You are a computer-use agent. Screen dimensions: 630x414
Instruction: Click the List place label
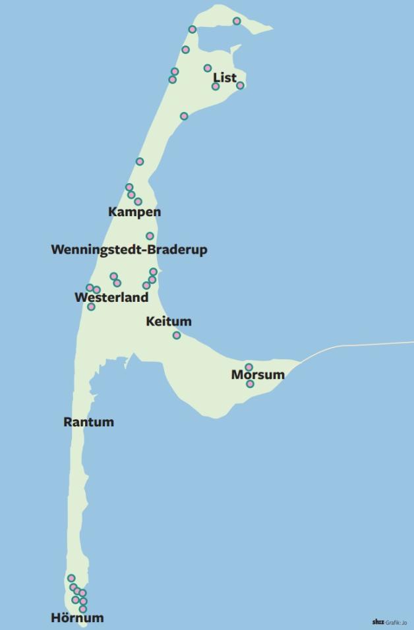224,78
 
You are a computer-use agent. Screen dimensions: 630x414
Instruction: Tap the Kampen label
134,212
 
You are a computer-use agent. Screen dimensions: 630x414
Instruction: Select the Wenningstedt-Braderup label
129,250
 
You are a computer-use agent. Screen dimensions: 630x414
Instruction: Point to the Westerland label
111,297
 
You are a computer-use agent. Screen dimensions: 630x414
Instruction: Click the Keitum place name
169,322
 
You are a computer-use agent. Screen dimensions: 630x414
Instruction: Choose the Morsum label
258,375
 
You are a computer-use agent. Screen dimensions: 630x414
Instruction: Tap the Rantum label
88,422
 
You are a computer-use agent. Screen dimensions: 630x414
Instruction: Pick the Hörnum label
77,618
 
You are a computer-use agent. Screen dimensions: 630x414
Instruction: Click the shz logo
378,621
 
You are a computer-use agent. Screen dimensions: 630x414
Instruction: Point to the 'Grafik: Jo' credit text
396,622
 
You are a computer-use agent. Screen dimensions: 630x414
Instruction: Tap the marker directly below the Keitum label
177,335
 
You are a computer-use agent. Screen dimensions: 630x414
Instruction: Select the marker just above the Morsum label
249,367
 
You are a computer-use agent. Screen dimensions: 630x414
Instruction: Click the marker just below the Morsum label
250,384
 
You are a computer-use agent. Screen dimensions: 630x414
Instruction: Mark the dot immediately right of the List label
240,86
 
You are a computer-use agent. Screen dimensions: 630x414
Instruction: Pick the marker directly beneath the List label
216,86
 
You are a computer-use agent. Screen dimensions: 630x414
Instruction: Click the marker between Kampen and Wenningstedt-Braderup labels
150,236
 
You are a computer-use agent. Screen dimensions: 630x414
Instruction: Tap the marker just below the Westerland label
91,306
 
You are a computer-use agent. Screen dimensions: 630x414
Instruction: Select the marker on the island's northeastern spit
237,21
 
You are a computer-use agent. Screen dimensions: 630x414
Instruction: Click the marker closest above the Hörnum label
83,609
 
